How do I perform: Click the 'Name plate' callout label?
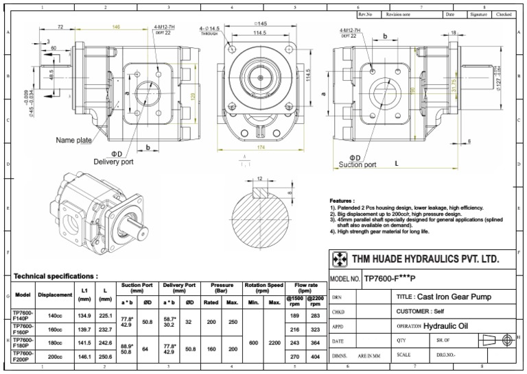[75, 140]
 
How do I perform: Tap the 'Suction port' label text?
[358, 164]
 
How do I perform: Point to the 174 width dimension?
[260, 147]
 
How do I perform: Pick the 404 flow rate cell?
[314, 357]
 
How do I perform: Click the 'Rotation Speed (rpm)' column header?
[264, 288]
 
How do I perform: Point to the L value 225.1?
[105, 315]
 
